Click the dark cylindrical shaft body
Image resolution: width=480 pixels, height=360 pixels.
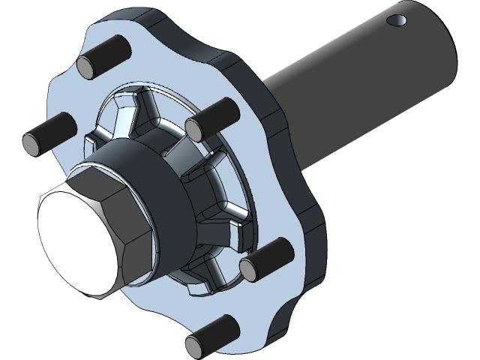[x=360, y=82]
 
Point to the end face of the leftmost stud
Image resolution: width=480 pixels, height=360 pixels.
[x=33, y=141]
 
